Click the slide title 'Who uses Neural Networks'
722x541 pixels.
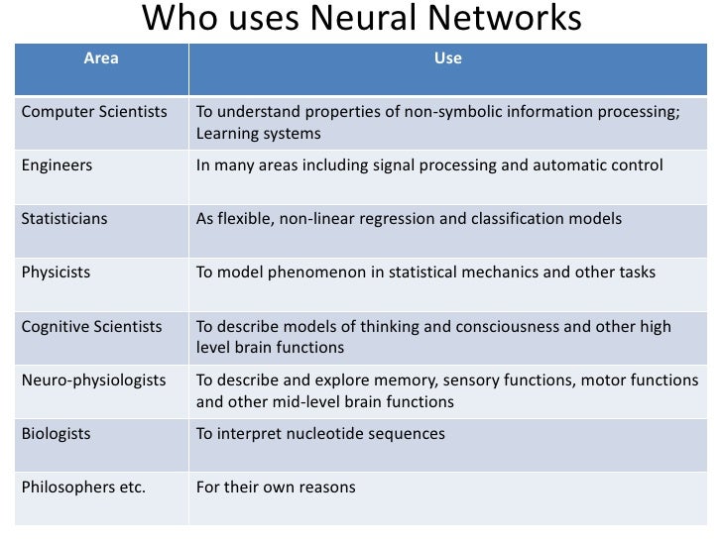click(361, 19)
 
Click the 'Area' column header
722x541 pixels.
click(100, 59)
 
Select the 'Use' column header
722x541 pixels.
click(447, 59)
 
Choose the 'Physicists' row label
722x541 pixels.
click(56, 271)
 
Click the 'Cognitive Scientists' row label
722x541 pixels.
click(91, 326)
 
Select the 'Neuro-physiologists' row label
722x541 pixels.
click(93, 379)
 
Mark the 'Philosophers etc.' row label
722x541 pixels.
click(83, 487)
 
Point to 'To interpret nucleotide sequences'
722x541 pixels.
click(320, 434)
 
